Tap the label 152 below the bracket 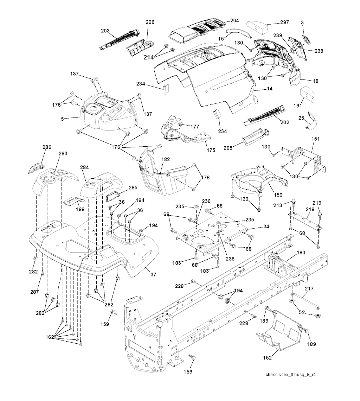[x=268, y=358]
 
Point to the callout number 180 [x=301, y=252]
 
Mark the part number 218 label [x=310, y=209]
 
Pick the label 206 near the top [x=150, y=22]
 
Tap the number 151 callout [x=316, y=139]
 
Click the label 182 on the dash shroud [x=166, y=159]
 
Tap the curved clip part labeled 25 [x=311, y=120]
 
